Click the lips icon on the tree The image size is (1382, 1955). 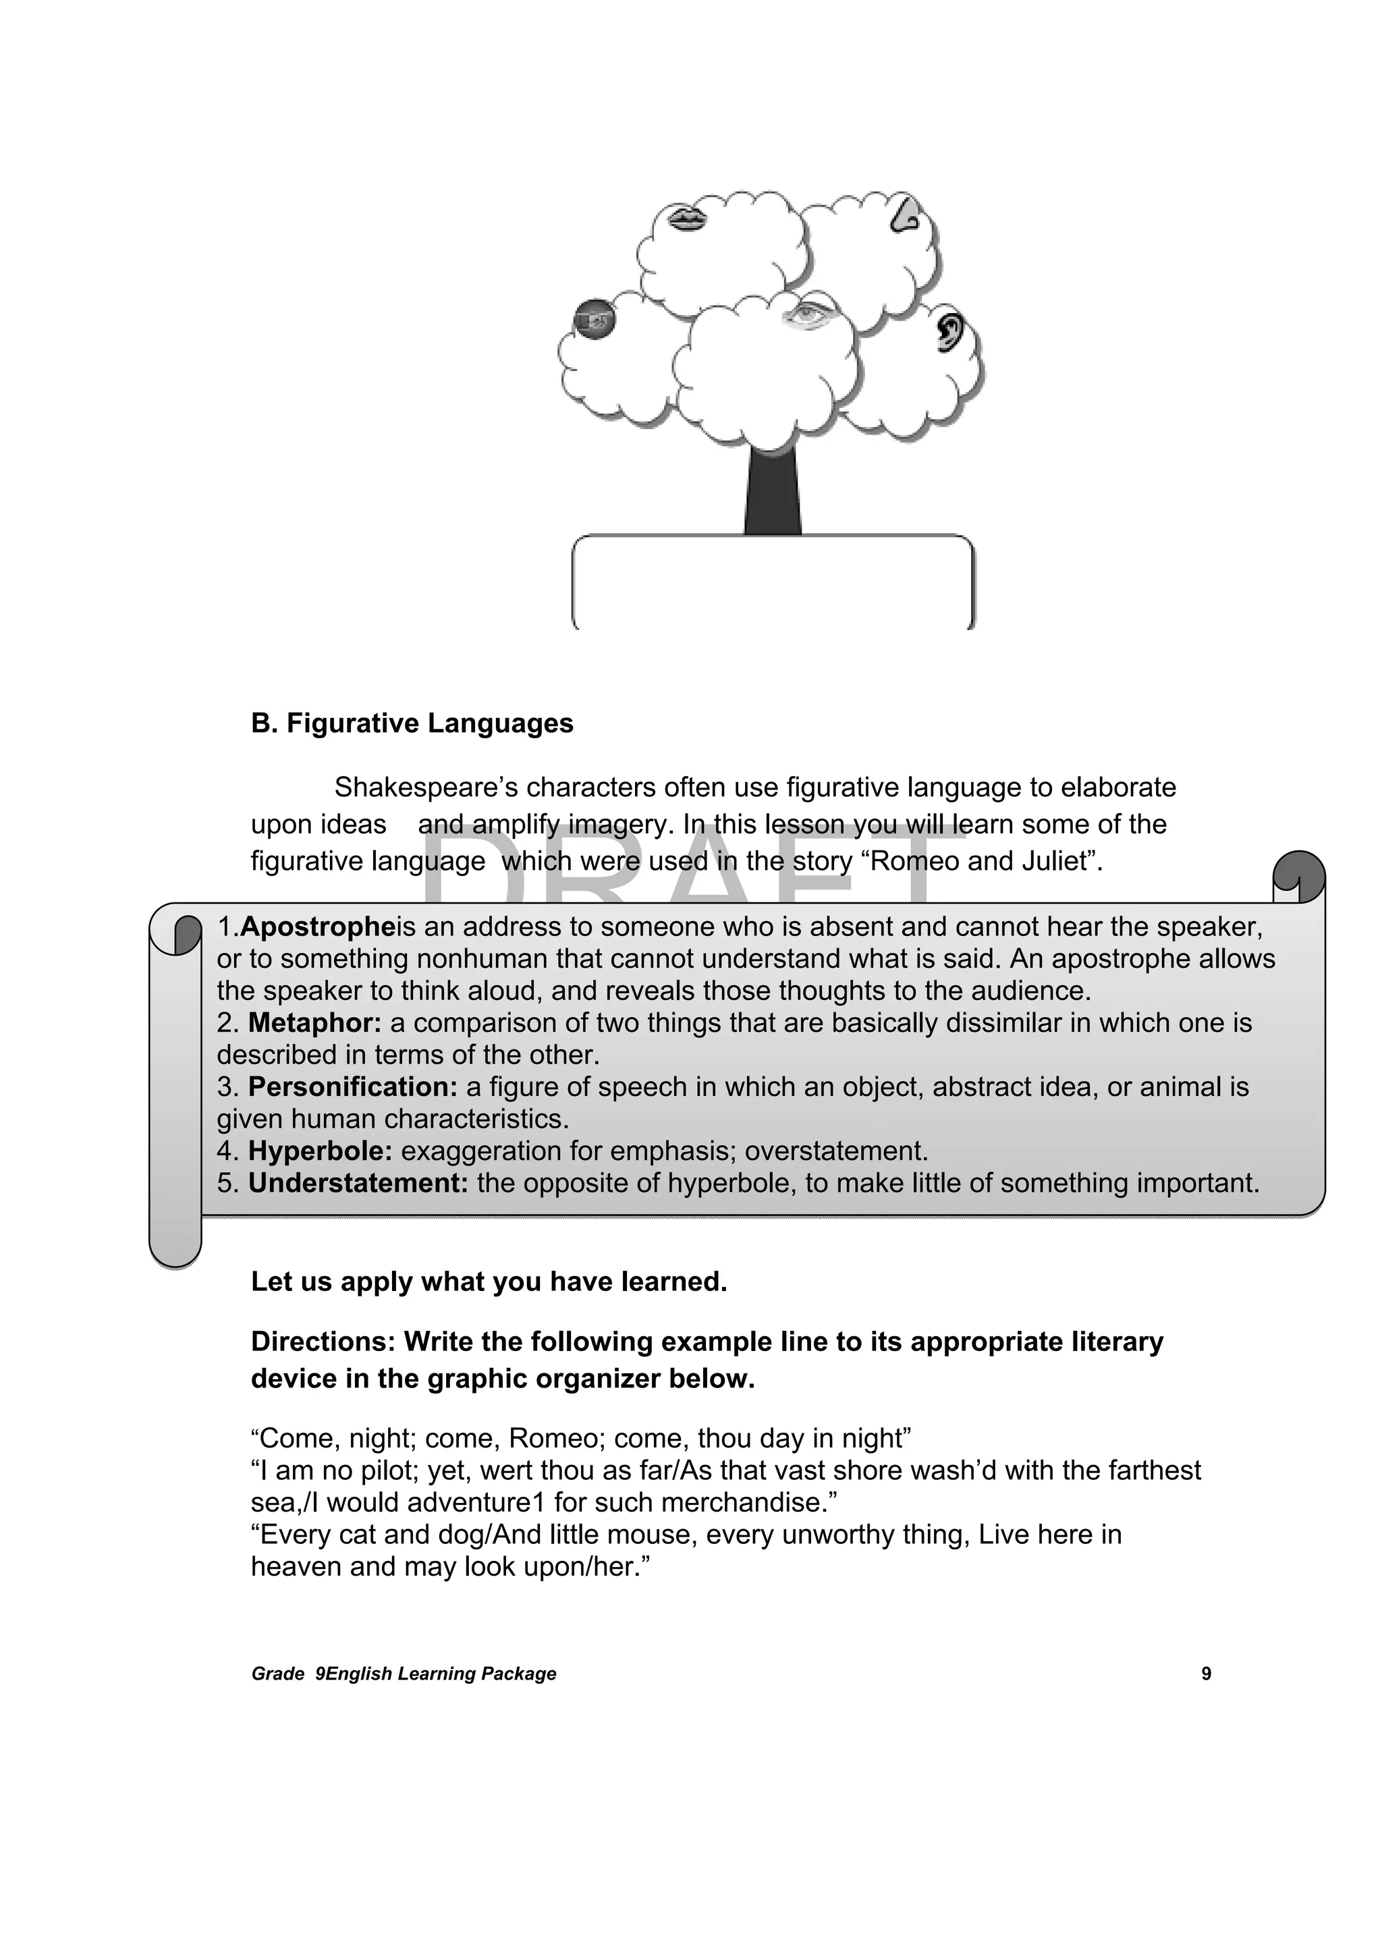(x=686, y=218)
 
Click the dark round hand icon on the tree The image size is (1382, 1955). (x=595, y=319)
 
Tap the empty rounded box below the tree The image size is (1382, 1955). (x=773, y=583)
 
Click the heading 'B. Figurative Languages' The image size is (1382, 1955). (x=412, y=723)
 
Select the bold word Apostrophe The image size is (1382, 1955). (x=318, y=927)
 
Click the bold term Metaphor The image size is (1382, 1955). (x=314, y=1022)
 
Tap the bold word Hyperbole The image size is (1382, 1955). (x=319, y=1151)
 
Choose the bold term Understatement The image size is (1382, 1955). (x=358, y=1183)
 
